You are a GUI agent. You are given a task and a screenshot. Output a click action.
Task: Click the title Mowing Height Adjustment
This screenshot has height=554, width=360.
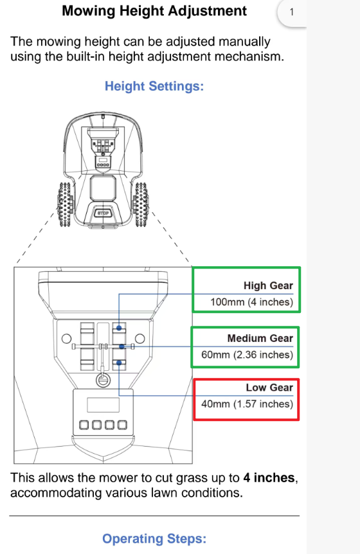(154, 11)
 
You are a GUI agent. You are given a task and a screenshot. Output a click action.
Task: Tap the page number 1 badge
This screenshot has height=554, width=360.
(292, 12)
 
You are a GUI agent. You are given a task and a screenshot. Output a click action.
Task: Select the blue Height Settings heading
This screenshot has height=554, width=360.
(154, 86)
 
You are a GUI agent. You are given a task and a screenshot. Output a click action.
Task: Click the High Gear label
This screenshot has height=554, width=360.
(268, 285)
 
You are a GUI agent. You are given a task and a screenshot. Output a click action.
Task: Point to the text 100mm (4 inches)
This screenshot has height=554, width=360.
(252, 302)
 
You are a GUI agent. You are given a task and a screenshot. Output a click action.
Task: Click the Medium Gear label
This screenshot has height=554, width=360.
(260, 339)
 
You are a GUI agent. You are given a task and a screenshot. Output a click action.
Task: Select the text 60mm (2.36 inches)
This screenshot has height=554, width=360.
(248, 355)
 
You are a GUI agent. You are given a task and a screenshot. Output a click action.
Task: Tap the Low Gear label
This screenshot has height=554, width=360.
(269, 388)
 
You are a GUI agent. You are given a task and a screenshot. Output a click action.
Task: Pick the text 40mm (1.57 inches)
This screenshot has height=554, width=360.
(248, 404)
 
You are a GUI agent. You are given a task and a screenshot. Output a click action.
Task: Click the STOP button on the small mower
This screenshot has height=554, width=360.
(103, 213)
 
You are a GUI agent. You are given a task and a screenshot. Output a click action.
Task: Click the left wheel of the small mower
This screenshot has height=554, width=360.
(65, 204)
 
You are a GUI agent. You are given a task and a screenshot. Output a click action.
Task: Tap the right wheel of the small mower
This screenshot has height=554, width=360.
(141, 204)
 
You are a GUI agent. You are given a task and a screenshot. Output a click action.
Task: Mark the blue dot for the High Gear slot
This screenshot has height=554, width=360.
(119, 328)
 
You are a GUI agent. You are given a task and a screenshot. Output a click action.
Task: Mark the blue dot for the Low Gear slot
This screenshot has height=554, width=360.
(119, 363)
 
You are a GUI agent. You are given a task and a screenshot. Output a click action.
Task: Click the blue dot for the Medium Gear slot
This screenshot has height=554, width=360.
(122, 346)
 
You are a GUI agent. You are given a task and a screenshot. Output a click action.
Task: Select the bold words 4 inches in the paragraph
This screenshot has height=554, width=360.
(269, 478)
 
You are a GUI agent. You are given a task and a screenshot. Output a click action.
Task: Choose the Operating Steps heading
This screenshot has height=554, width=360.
(154, 539)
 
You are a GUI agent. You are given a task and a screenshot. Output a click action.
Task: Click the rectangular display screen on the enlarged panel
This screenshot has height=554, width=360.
(103, 405)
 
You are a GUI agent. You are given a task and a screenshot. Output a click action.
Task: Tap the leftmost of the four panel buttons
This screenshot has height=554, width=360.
(84, 425)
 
